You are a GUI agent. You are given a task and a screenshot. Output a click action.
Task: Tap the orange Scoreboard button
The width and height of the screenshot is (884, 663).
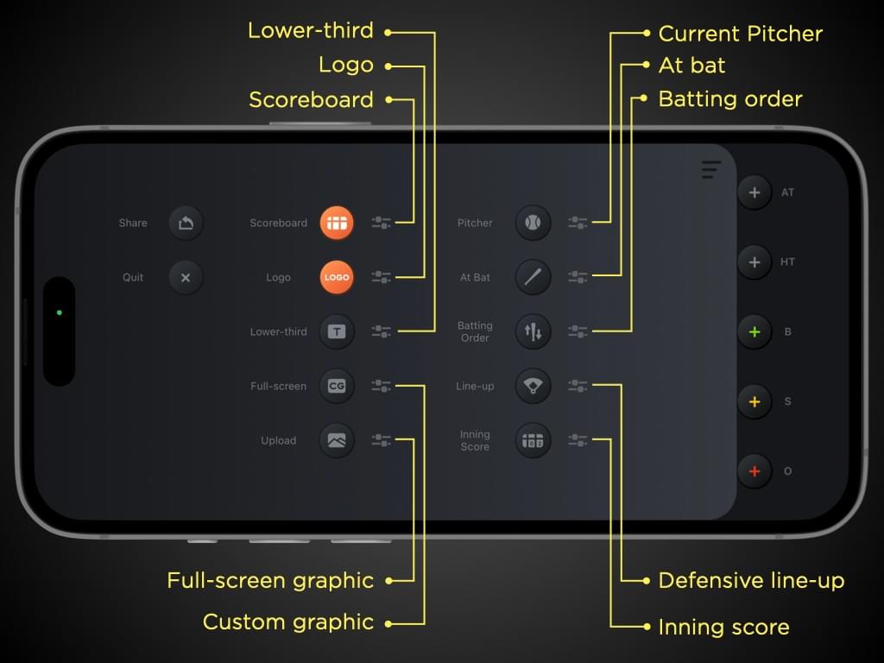[337, 223]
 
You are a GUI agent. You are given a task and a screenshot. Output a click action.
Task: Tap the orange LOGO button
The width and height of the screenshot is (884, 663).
[337, 277]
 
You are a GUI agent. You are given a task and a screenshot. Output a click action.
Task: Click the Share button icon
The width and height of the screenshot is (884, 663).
[186, 223]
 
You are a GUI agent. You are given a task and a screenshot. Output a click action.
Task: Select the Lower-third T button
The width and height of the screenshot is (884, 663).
[337, 331]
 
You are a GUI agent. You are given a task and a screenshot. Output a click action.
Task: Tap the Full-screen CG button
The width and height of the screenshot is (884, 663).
[337, 386]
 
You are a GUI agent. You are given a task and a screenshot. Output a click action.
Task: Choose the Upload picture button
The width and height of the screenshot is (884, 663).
[337, 440]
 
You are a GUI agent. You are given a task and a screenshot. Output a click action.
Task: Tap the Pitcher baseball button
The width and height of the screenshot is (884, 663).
[533, 223]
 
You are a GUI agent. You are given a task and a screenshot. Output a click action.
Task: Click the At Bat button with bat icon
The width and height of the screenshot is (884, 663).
[533, 277]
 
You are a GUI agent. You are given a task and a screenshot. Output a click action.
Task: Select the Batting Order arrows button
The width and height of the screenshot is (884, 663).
[533, 331]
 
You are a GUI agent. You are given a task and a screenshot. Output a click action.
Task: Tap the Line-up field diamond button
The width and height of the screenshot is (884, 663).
[533, 386]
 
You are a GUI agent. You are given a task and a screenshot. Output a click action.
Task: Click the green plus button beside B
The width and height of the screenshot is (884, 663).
[755, 332]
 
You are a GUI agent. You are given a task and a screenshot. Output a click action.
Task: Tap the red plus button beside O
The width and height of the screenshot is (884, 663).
[755, 471]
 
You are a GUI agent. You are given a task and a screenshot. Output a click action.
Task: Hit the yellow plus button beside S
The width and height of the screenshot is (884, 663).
[755, 402]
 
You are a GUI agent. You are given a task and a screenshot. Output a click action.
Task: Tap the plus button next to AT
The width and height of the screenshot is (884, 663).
[755, 193]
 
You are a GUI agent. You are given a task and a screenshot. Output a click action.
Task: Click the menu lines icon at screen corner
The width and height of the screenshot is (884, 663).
[711, 169]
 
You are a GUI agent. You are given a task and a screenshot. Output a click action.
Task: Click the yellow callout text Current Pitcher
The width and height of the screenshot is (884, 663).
[740, 34]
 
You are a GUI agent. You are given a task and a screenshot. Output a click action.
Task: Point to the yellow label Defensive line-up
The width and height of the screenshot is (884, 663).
[751, 581]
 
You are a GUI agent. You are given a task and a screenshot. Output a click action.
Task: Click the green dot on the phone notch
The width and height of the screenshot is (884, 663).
[60, 313]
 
